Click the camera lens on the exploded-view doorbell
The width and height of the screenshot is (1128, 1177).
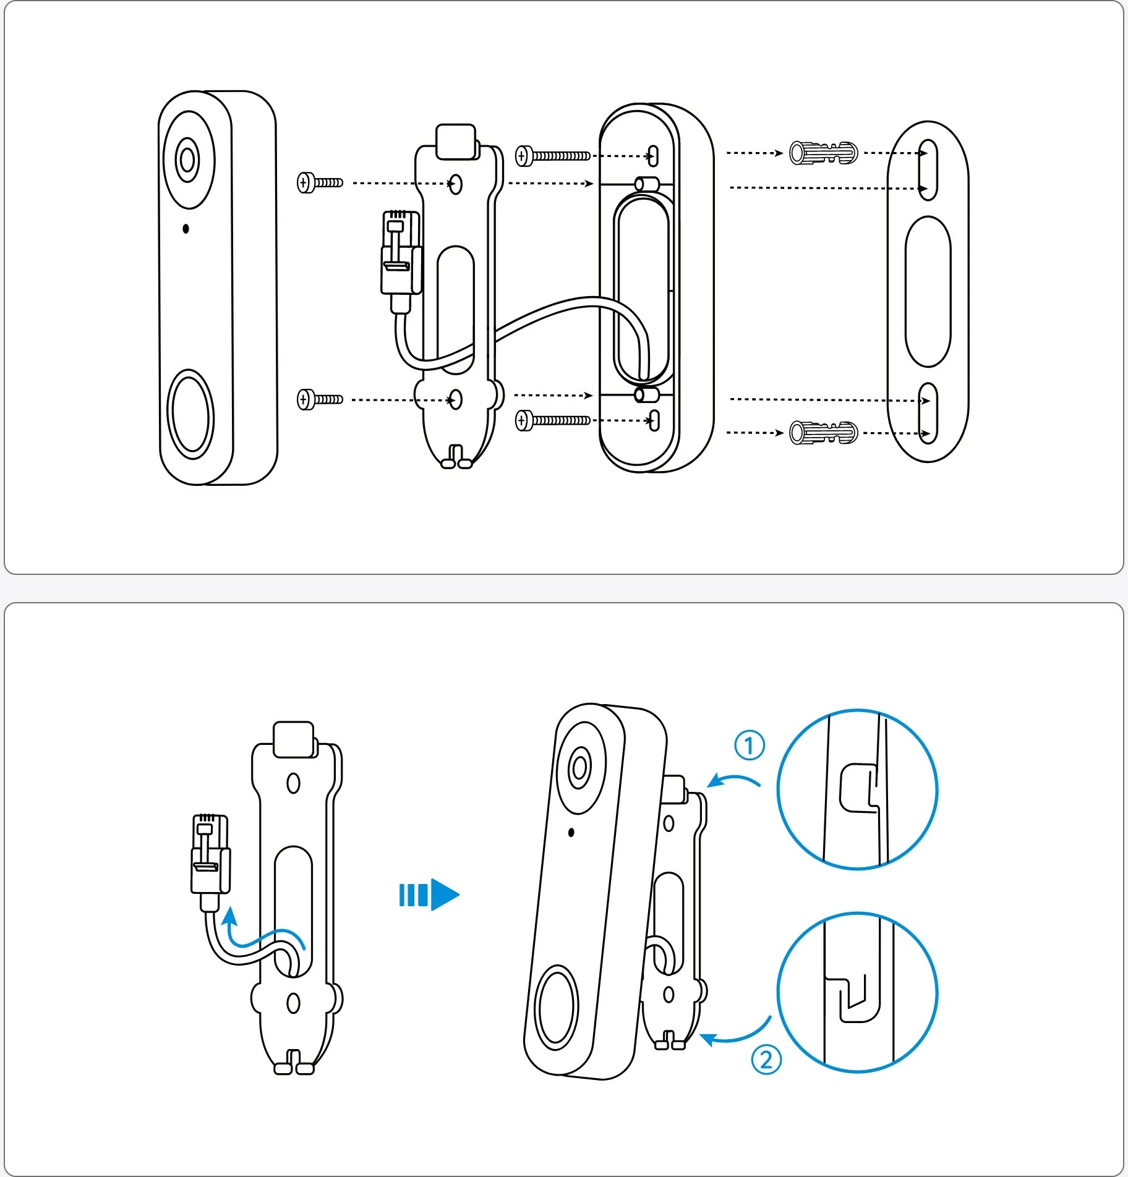coord(188,160)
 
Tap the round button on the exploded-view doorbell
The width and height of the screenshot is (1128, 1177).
coord(191,414)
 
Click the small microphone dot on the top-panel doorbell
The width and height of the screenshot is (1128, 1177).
coord(186,229)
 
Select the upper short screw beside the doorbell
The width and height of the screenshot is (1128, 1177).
coord(320,182)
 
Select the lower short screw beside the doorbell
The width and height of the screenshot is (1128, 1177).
coord(320,399)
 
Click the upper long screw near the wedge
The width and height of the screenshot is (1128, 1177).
coord(553,156)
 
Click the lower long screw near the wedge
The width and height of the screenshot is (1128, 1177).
coord(553,421)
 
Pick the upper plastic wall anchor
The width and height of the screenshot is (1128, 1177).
coord(823,153)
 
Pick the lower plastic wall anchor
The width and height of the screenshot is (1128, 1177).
coord(823,433)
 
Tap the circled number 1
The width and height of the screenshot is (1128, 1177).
coord(750,746)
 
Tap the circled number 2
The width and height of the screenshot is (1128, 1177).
coord(766,1060)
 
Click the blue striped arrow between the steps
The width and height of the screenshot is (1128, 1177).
coord(429,894)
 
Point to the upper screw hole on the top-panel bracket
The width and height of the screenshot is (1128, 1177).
coord(456,184)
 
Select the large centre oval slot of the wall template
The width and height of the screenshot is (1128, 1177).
coord(928,291)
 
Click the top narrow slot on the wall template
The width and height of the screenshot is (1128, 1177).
coord(928,169)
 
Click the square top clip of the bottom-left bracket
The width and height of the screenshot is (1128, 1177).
coord(294,739)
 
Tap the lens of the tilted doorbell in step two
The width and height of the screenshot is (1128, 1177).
coord(579,768)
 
